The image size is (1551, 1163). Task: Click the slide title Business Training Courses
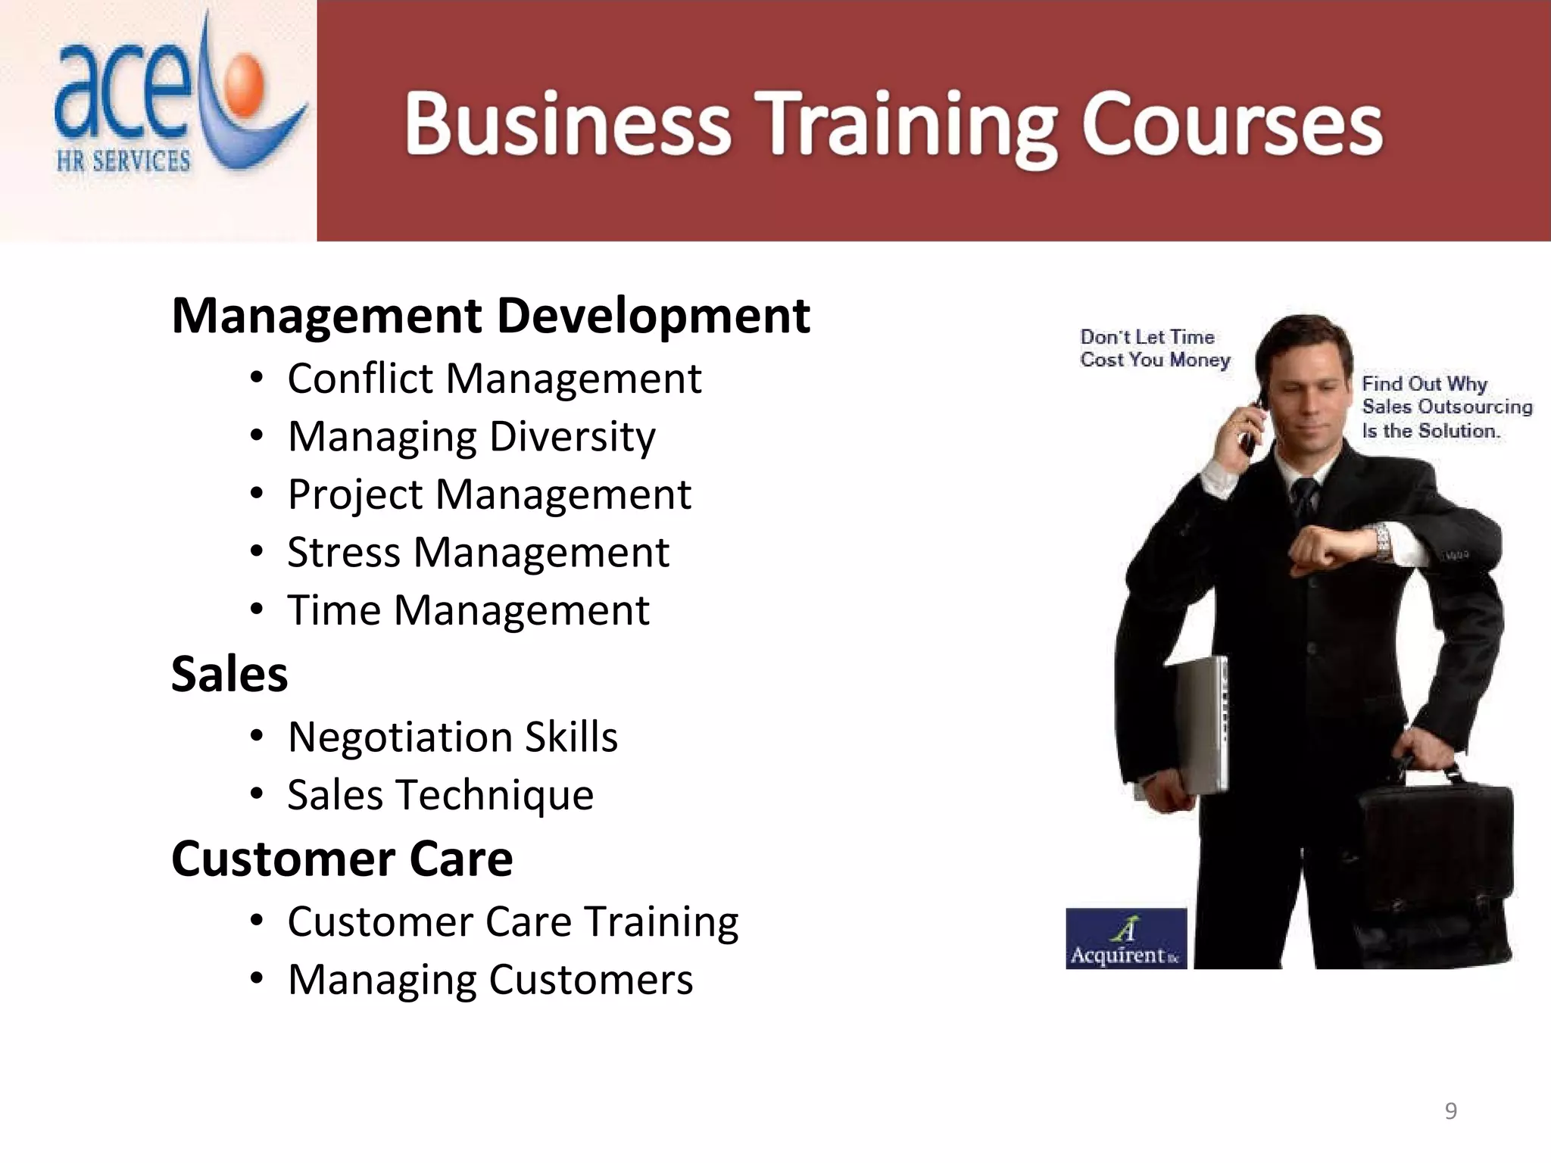tap(894, 125)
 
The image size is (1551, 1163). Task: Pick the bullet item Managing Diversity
tap(471, 436)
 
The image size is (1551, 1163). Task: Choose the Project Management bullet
tap(489, 494)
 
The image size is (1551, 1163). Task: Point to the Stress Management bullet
tap(478, 552)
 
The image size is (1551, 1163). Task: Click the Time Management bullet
tap(468, 610)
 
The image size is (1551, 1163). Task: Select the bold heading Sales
tap(229, 674)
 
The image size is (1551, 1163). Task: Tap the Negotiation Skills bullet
tap(453, 737)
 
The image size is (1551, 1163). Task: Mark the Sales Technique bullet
tap(441, 795)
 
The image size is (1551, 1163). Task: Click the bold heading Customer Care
tap(342, 859)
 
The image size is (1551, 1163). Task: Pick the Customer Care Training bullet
tap(513, 921)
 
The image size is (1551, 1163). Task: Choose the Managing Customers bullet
tap(490, 980)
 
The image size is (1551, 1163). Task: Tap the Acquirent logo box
tap(1125, 939)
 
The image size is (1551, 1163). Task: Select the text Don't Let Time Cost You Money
tap(1153, 348)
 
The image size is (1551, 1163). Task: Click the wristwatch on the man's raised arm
tap(1383, 542)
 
